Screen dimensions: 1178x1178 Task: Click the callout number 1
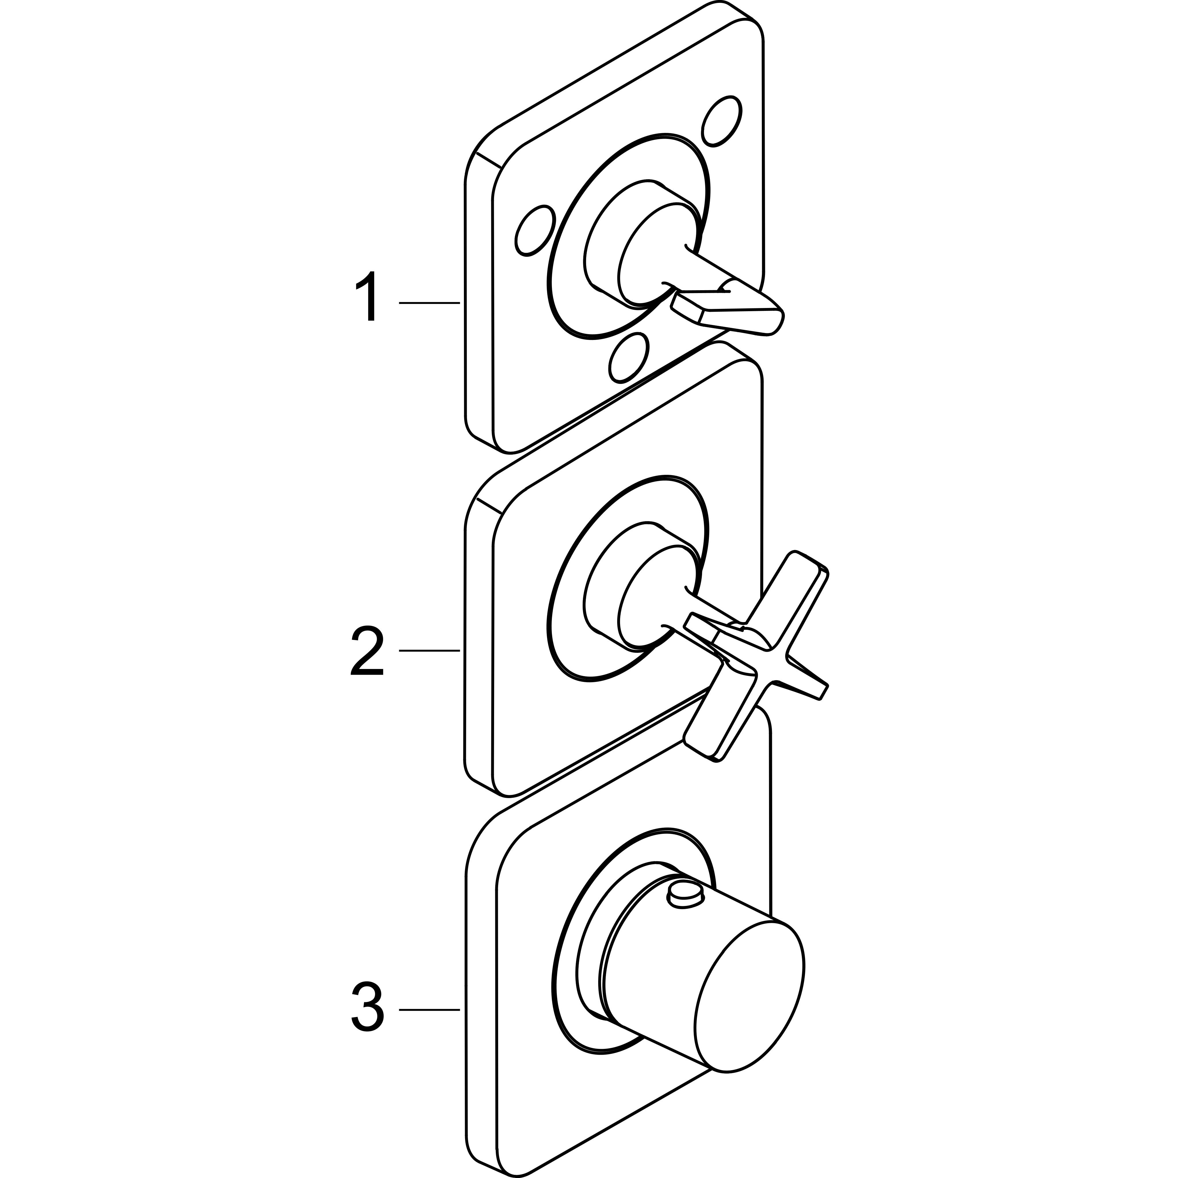tap(368, 297)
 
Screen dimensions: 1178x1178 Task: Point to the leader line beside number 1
tap(429, 303)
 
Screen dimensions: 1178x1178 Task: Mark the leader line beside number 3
tap(429, 1010)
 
